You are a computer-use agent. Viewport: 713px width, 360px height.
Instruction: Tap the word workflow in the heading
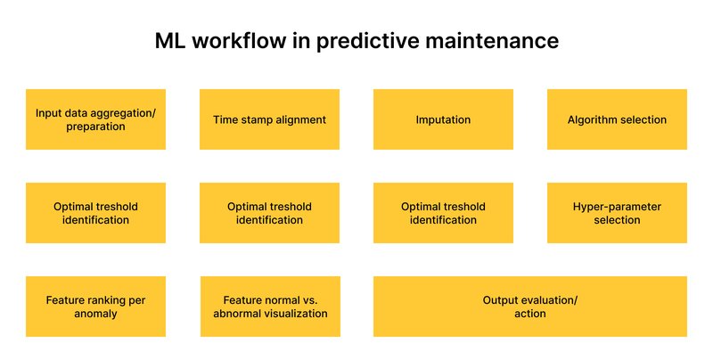coord(234,41)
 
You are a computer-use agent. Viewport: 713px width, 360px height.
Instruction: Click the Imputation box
coord(443,119)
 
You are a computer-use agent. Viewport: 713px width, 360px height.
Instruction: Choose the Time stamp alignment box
coord(269,119)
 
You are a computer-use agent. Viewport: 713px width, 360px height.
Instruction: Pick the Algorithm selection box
coord(617,119)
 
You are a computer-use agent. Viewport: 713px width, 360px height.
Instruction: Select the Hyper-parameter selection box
coord(617,213)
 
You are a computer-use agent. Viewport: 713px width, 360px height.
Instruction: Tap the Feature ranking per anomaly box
coord(95,307)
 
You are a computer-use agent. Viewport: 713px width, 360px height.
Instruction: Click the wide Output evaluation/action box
coord(529,307)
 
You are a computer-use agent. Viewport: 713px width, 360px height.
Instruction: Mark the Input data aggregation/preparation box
coord(95,119)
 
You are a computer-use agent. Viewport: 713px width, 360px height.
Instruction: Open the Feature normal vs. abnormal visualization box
coord(269,307)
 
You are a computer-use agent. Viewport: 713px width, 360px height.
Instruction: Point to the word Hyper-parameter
coord(617,207)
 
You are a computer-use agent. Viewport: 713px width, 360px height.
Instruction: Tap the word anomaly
coord(95,314)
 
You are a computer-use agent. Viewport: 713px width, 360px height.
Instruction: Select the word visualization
coord(299,314)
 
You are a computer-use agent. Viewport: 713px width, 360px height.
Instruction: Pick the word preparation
coord(95,127)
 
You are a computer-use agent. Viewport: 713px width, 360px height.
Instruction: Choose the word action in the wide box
coord(529,314)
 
